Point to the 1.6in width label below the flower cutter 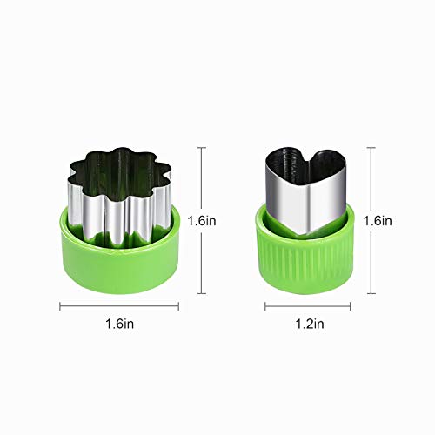120,324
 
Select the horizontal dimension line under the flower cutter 119,305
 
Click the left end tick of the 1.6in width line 60,305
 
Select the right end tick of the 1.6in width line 178,305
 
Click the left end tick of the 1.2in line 265,305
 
